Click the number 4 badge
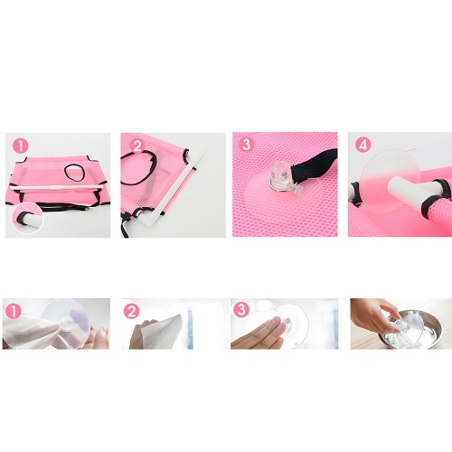(363, 145)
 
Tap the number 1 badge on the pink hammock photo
(21, 146)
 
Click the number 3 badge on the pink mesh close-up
(247, 145)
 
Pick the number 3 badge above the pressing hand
(241, 310)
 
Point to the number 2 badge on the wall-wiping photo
(131, 311)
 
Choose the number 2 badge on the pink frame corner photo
(137, 146)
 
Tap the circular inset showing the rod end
(28, 218)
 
